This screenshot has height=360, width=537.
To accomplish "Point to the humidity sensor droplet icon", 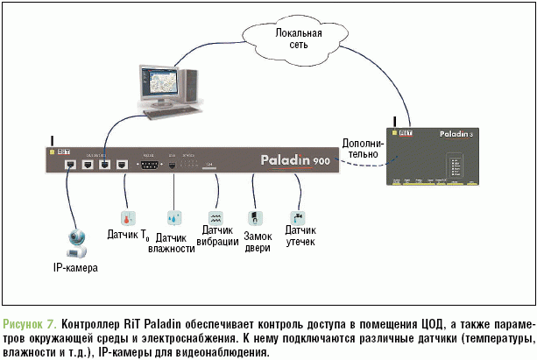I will point(174,216).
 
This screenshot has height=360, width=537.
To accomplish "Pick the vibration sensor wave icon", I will point(216,216).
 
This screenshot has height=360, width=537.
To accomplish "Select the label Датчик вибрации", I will point(219,236).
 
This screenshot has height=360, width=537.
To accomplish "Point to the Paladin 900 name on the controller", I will point(295,161).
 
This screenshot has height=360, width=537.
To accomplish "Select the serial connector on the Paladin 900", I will point(147,165).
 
